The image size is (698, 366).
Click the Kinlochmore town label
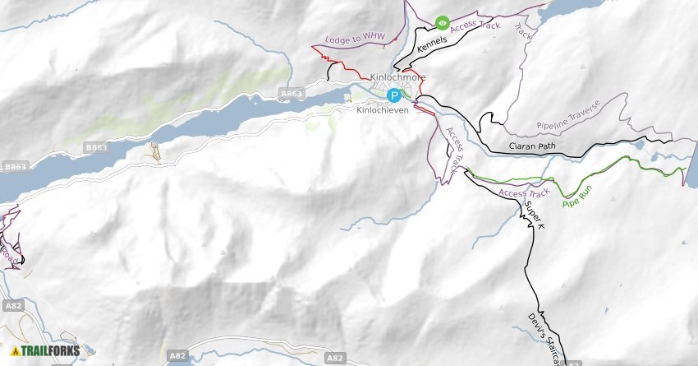point(398,78)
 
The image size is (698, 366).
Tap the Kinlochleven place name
point(382,109)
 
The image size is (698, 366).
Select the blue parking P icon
point(394,95)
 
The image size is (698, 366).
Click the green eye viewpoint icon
point(442,23)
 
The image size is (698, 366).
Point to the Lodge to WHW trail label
point(355,38)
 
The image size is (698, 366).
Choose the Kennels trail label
point(432,45)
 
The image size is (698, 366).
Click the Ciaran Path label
point(533,147)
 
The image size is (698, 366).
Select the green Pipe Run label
point(576,197)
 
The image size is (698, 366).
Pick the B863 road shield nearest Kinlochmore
point(292,94)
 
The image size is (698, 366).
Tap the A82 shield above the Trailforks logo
point(12,306)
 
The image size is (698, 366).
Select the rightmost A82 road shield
point(333,358)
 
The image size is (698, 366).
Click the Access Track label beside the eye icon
point(475,25)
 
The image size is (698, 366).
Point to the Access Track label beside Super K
point(523,192)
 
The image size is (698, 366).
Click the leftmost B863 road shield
point(16,167)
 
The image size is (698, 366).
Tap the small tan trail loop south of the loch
point(154,151)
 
